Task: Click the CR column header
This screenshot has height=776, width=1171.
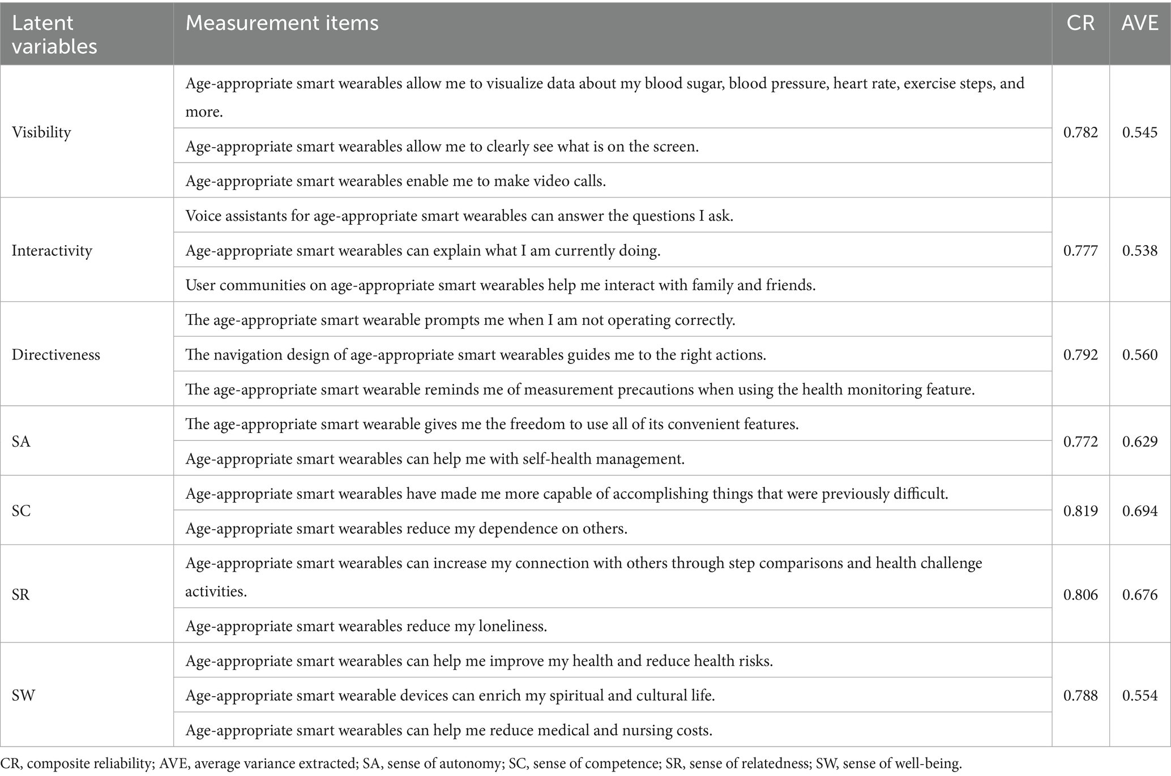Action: (x=1080, y=23)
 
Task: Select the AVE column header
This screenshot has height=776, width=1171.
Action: (x=1140, y=23)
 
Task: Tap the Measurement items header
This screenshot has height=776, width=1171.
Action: (x=282, y=23)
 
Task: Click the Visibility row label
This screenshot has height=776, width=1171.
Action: (x=41, y=132)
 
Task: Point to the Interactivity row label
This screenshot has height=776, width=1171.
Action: (x=52, y=250)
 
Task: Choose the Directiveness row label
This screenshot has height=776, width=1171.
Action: (x=55, y=355)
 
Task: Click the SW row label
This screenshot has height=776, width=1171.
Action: (x=23, y=695)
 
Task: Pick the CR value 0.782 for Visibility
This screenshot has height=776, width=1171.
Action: (x=1080, y=132)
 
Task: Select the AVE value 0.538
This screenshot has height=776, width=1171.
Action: (x=1140, y=250)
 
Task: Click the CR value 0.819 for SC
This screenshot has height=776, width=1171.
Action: (x=1080, y=511)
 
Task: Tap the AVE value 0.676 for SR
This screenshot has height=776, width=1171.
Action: (x=1140, y=595)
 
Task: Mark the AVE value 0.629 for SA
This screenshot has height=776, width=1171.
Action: (x=1140, y=441)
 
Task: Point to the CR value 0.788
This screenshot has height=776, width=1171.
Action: (x=1080, y=695)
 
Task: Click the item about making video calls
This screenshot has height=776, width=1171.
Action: (x=396, y=181)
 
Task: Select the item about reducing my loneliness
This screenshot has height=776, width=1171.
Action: (x=366, y=626)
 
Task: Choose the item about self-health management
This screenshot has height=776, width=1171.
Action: (x=435, y=458)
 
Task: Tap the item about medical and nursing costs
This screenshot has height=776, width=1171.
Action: (x=448, y=730)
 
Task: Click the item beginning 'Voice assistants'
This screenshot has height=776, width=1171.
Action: (x=459, y=216)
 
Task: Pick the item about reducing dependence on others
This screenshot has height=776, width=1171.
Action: (x=407, y=529)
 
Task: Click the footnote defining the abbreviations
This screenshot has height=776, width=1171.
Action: (x=481, y=764)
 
